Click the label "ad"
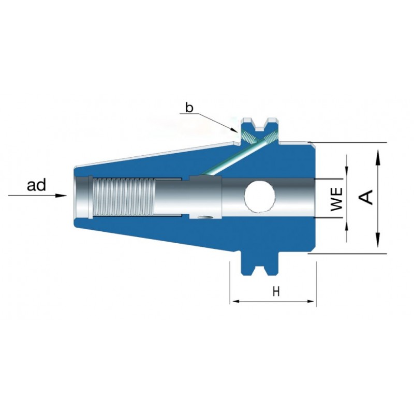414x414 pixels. [36, 185]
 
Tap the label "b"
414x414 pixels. [189, 108]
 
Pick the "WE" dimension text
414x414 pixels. [337, 199]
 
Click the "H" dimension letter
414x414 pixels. [276, 292]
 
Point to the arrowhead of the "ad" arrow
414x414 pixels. [61, 196]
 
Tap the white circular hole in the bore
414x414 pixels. [260, 197]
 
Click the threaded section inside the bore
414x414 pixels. [124, 197]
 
